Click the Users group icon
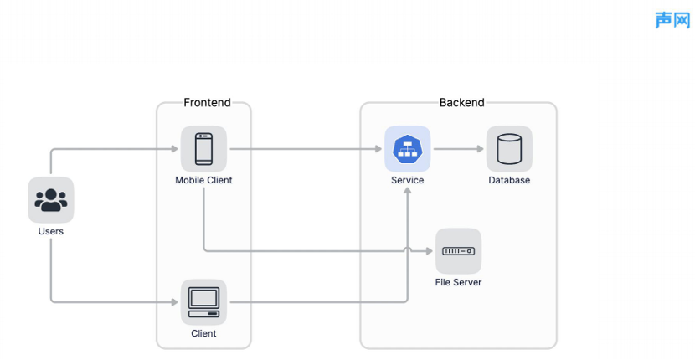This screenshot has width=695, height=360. click(x=51, y=200)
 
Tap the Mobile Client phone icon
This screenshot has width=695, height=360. click(x=203, y=149)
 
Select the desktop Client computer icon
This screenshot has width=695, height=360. click(x=203, y=302)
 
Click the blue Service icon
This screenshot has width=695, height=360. click(x=407, y=149)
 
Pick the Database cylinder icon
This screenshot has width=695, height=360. click(x=509, y=149)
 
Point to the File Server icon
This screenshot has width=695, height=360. click(x=458, y=251)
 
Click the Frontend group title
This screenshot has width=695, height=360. click(x=207, y=102)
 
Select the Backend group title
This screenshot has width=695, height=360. click(x=462, y=102)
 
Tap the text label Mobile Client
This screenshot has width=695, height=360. click(x=203, y=180)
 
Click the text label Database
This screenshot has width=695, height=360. click(x=509, y=180)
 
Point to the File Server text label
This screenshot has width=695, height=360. click(x=458, y=282)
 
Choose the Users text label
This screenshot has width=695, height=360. click(x=51, y=231)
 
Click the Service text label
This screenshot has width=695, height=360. click(x=407, y=180)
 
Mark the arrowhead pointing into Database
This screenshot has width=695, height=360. click(x=480, y=149)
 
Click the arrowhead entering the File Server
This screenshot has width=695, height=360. click(x=429, y=251)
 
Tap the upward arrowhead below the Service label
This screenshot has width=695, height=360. click(x=407, y=191)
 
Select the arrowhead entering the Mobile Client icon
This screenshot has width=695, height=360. click(x=175, y=149)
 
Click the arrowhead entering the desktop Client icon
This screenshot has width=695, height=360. click(x=175, y=302)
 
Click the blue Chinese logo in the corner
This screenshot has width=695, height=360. click(x=673, y=20)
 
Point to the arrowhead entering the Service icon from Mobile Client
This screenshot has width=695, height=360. click(x=378, y=149)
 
